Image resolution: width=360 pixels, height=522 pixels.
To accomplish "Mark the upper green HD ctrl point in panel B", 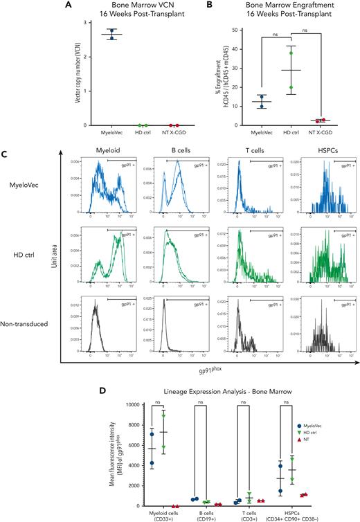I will [x=291, y=53].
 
